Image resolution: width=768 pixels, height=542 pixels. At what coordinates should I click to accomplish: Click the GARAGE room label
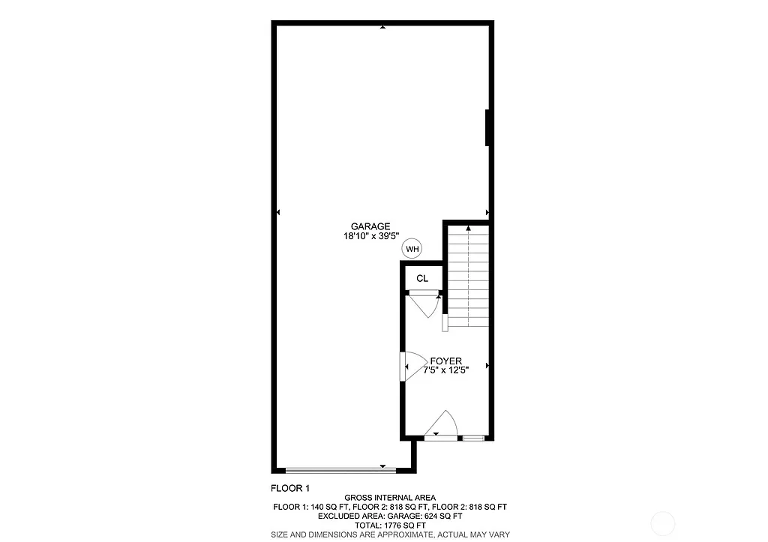coord(370,226)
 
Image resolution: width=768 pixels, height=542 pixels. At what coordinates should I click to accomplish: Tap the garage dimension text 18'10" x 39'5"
coord(370,236)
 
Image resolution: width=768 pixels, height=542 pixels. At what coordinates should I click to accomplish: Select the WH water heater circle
coord(412,249)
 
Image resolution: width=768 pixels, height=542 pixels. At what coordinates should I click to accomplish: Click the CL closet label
coord(422,279)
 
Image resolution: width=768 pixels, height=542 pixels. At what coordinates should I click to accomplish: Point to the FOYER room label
coord(445,361)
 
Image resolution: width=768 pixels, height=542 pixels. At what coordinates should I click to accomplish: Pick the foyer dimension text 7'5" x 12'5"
coord(445,370)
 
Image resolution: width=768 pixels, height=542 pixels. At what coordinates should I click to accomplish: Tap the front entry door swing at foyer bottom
coord(442,425)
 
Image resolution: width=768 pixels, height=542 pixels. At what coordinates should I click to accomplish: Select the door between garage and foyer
coord(405,367)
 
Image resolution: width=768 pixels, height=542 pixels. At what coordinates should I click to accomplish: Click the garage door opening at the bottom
coord(341,470)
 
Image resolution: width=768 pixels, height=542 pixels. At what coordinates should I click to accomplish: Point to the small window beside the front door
coord(473,438)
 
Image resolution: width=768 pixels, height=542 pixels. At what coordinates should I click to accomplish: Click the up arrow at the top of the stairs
coord(469,227)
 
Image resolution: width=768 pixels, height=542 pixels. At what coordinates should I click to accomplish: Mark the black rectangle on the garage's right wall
coord(488,127)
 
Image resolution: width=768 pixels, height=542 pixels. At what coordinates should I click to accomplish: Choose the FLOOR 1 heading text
coord(290,488)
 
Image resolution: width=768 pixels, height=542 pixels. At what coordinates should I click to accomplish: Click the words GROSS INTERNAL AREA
coord(390,498)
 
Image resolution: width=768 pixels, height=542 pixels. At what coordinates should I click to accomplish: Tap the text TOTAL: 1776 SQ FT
coord(390,526)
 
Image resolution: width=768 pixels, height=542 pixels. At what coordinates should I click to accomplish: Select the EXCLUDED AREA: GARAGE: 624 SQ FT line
coord(390,517)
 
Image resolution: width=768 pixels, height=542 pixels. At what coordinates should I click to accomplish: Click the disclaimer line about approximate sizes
coord(390,535)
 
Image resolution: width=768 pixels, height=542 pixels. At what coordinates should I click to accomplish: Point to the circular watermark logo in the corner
coord(663,523)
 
